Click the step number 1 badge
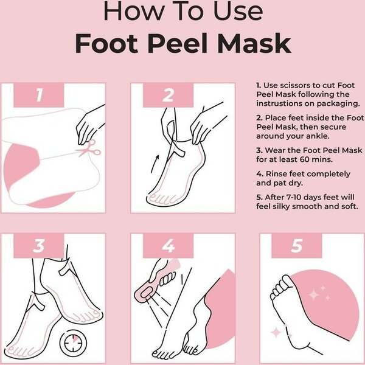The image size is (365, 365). tap(38, 95)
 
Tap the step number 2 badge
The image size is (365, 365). tap(169, 95)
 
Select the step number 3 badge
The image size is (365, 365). tap(38, 245)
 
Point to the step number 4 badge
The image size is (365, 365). tap(169, 245)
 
